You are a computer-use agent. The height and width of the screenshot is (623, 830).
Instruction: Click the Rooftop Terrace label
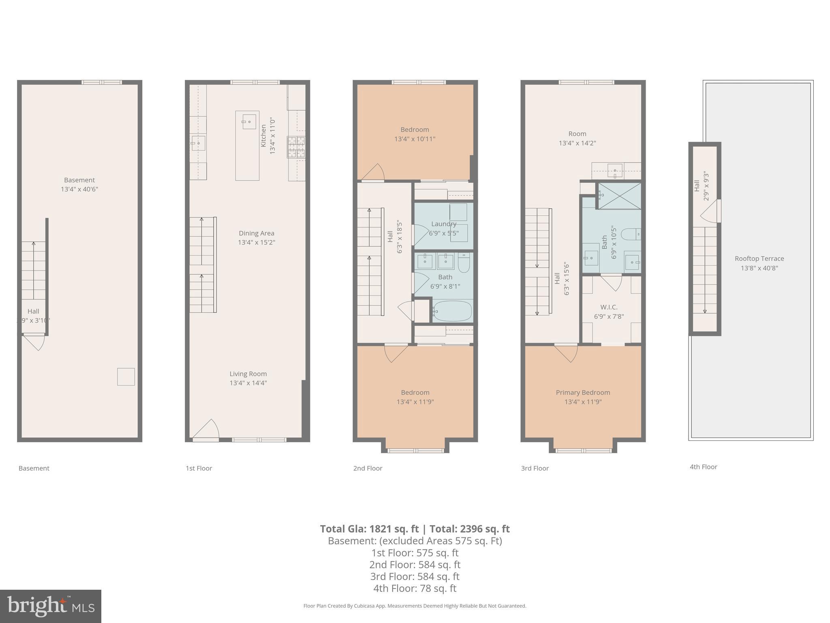(759, 259)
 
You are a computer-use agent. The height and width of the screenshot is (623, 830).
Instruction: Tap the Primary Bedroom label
(583, 393)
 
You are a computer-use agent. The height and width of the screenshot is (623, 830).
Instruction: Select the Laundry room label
(444, 224)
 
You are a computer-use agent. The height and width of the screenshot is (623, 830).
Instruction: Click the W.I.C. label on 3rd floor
(609, 307)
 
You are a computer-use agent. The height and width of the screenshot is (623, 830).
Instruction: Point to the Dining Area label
(256, 233)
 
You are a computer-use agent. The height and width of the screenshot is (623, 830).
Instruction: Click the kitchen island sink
(249, 122)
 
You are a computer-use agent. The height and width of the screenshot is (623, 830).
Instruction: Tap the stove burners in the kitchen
(296, 147)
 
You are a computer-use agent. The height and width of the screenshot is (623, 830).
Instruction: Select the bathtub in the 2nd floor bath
(452, 311)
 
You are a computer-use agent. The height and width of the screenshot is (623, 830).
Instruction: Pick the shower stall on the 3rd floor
(620, 196)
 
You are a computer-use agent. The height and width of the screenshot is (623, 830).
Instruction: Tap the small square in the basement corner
(126, 377)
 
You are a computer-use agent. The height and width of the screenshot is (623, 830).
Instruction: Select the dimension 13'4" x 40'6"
(79, 189)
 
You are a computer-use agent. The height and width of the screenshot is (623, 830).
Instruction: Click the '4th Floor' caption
(703, 467)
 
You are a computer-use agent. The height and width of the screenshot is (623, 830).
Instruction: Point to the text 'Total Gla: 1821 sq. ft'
(369, 529)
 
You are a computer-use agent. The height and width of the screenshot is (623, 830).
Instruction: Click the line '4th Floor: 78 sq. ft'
(415, 588)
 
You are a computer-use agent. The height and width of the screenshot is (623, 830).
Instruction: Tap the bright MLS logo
(50, 606)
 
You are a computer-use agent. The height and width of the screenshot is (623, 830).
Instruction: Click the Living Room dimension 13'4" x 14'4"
(248, 383)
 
